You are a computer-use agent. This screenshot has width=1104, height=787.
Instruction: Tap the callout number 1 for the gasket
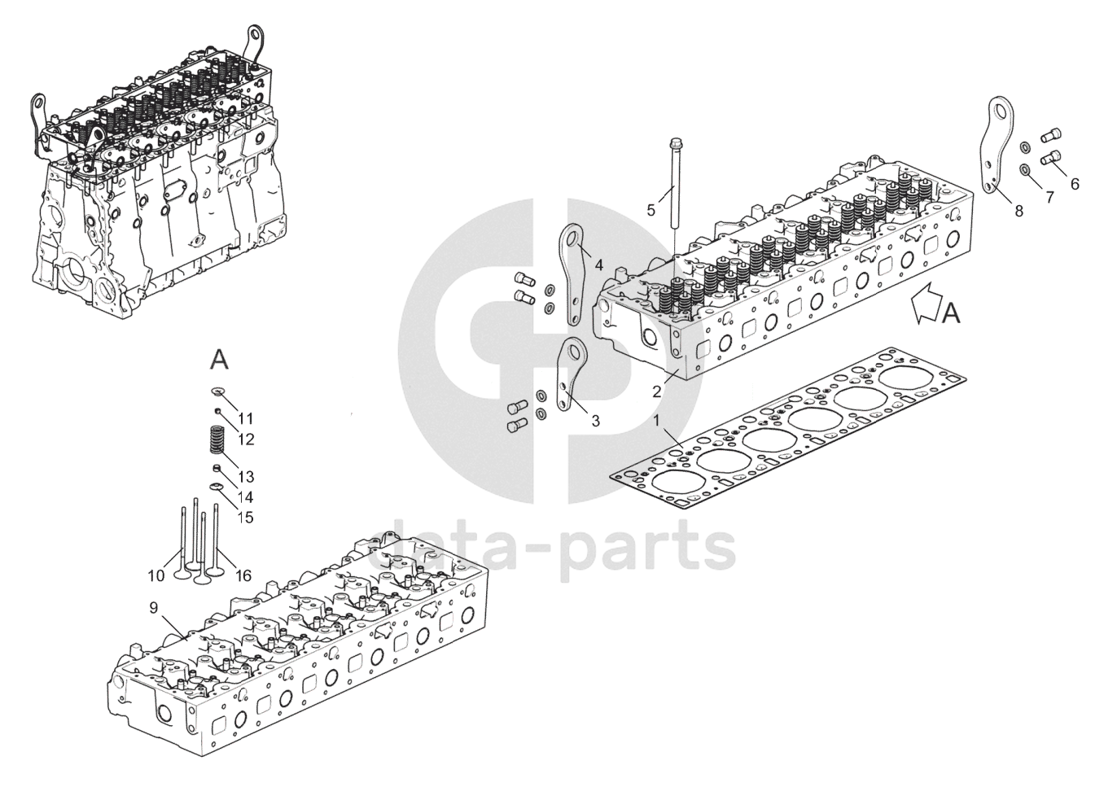[x=658, y=421]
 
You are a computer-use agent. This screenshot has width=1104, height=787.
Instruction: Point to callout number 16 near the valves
[x=243, y=575]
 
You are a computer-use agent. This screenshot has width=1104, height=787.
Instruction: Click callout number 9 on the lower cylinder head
[x=153, y=607]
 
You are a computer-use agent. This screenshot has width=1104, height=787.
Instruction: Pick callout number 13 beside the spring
[x=246, y=477]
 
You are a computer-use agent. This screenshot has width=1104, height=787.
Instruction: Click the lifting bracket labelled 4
[x=574, y=269]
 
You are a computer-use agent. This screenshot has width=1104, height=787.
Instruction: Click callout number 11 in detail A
[x=245, y=418]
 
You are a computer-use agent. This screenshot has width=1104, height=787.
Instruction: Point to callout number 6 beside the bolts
[x=1075, y=184]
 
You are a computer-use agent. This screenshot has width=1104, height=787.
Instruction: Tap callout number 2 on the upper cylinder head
[x=656, y=391]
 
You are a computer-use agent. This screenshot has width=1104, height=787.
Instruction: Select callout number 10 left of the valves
[x=156, y=575]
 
